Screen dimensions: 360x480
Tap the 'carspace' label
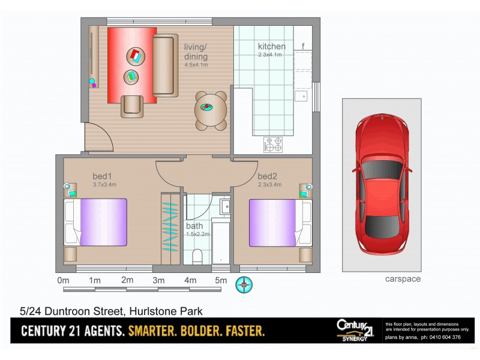(x=402, y=279)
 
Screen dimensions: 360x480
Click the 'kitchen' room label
(x=271, y=47)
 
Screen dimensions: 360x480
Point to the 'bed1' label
(x=102, y=176)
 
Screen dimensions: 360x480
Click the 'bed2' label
(x=267, y=176)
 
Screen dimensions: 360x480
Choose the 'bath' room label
(x=194, y=226)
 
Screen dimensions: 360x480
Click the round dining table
(x=211, y=110)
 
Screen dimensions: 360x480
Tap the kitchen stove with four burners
(x=273, y=144)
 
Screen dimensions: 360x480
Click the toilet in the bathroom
(x=196, y=257)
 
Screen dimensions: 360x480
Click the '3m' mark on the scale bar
(x=158, y=281)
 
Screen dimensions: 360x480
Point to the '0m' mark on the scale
(x=63, y=281)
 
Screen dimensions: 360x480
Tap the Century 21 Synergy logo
(x=355, y=330)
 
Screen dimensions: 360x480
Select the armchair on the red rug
(x=132, y=106)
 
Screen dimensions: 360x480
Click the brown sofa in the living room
(x=164, y=65)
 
